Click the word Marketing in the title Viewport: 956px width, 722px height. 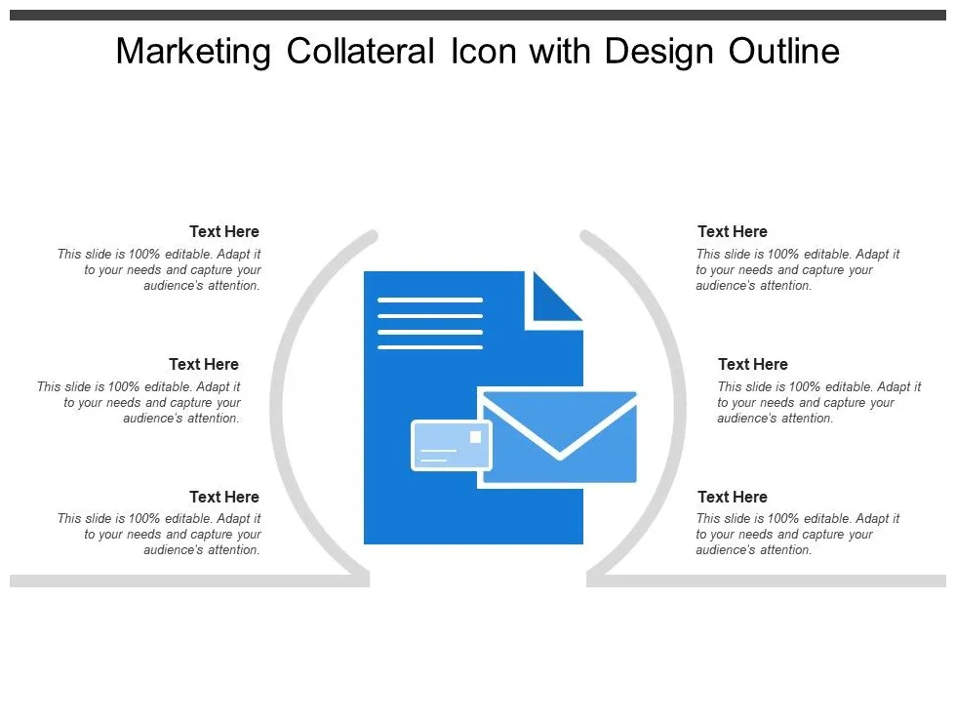[x=192, y=53]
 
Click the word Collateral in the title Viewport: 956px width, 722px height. [x=360, y=53]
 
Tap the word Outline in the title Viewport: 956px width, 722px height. [x=784, y=53]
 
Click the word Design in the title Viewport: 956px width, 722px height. [x=660, y=53]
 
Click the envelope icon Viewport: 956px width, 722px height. [x=559, y=437]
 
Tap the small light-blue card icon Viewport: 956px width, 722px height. [x=451, y=446]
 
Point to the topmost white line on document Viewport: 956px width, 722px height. [x=430, y=301]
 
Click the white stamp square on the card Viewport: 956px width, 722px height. [x=475, y=436]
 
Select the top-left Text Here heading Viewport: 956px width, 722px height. [x=224, y=232]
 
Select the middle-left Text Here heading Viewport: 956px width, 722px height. [x=204, y=365]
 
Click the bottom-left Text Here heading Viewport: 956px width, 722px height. [x=224, y=498]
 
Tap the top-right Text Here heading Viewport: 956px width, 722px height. [x=733, y=232]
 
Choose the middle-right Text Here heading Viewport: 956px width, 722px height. [x=753, y=365]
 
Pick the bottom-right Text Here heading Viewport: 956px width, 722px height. [x=733, y=498]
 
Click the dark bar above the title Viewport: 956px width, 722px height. [x=478, y=15]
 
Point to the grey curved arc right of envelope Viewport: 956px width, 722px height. [x=680, y=410]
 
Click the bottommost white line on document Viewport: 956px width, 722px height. [x=430, y=347]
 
